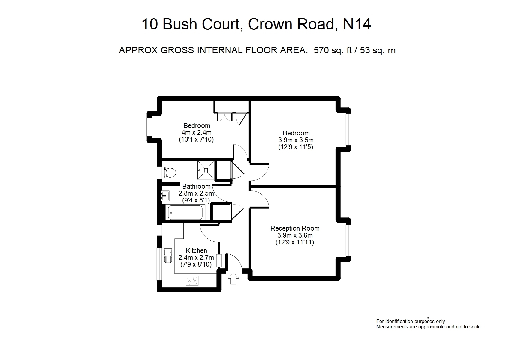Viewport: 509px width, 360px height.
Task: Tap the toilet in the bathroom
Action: [x=169, y=172]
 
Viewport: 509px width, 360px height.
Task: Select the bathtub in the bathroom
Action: [x=185, y=212]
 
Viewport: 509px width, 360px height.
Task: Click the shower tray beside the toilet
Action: [x=206, y=170]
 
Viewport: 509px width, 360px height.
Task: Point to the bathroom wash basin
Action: [x=165, y=196]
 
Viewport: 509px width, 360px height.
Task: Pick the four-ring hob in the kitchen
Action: [x=192, y=280]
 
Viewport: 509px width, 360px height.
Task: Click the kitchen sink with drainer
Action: [x=168, y=256]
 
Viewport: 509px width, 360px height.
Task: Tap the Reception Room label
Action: [x=295, y=228]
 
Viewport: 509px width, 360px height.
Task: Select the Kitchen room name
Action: [x=196, y=250]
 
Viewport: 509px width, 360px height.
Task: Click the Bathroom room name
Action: [x=196, y=187]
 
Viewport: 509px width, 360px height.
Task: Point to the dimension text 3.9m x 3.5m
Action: [x=296, y=140]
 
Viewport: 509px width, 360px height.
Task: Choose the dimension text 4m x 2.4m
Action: [x=197, y=132]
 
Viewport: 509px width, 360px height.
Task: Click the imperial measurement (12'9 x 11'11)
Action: [x=295, y=242]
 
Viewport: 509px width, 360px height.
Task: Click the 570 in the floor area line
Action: [x=321, y=50]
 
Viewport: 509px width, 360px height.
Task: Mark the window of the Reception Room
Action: [x=348, y=240]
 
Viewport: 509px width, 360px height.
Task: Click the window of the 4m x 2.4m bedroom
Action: [x=149, y=127]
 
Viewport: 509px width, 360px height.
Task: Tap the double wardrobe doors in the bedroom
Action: [x=225, y=116]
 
